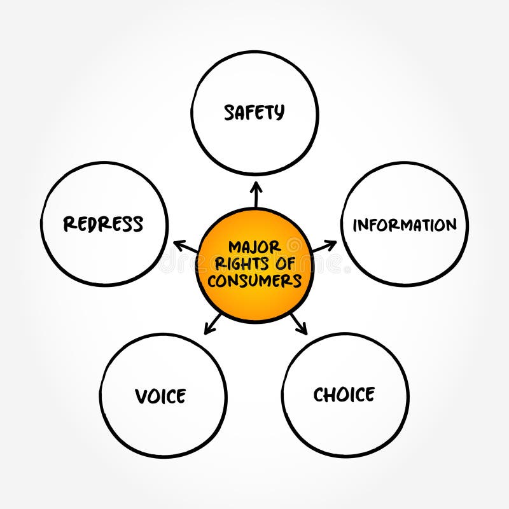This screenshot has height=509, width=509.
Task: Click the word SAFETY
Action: click(x=254, y=113)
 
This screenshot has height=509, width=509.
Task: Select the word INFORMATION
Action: click(x=405, y=225)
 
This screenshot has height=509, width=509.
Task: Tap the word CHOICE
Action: click(x=344, y=394)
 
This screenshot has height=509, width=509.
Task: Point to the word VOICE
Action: click(x=160, y=396)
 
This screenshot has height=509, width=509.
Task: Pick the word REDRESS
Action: click(x=103, y=224)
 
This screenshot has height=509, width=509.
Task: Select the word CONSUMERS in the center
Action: click(x=254, y=281)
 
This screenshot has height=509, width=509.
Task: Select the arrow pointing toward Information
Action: click(x=324, y=246)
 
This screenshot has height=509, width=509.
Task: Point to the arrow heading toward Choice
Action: click(x=298, y=323)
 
